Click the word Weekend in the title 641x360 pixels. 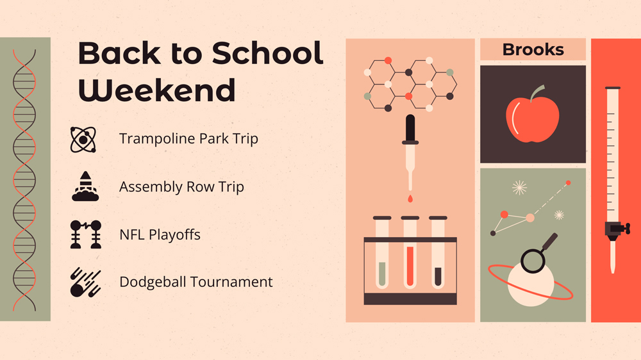pyautogui.click(x=157, y=90)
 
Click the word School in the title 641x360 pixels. pyautogui.click(x=267, y=53)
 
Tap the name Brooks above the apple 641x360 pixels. pyautogui.click(x=533, y=49)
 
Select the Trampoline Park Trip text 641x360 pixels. pyautogui.click(x=188, y=139)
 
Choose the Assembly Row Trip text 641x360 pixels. pyautogui.click(x=181, y=187)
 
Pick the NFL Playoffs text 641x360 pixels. pyautogui.click(x=160, y=234)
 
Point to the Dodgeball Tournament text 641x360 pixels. pyautogui.click(x=196, y=282)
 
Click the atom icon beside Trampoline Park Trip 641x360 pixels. pyautogui.click(x=83, y=140)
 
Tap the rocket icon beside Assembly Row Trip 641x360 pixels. pyautogui.click(x=85, y=186)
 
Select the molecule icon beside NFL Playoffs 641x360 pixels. pyautogui.click(x=85, y=234)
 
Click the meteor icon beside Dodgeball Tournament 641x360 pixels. pyautogui.click(x=85, y=282)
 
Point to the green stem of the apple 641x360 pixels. pyautogui.click(x=537, y=93)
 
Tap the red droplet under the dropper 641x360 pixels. pyautogui.click(x=410, y=199)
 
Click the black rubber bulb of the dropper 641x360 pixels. pyautogui.click(x=410, y=128)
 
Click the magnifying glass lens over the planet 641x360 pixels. pyautogui.click(x=533, y=261)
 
